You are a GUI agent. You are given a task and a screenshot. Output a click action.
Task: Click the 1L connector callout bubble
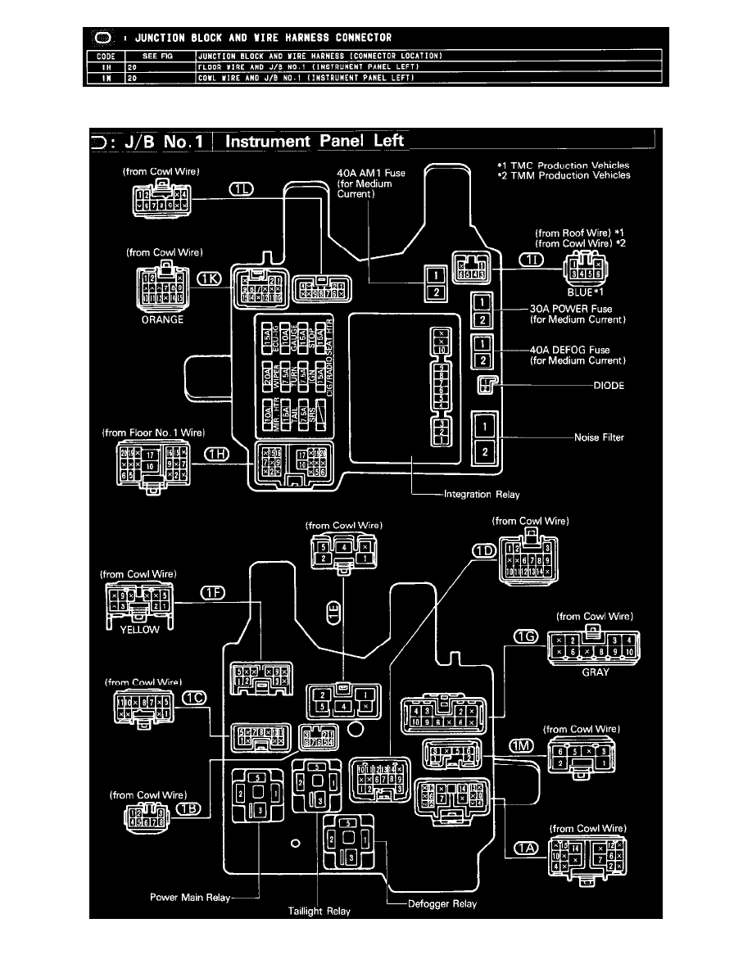[242, 188]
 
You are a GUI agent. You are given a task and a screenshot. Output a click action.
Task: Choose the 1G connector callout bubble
[525, 636]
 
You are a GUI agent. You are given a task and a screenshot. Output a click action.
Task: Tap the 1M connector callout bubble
[522, 744]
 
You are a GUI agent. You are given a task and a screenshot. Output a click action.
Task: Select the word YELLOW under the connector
[138, 631]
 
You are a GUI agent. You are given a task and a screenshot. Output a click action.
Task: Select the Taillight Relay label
[319, 911]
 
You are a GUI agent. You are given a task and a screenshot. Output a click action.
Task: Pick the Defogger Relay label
[442, 904]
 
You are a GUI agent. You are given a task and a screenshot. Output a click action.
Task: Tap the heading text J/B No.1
[153, 141]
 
